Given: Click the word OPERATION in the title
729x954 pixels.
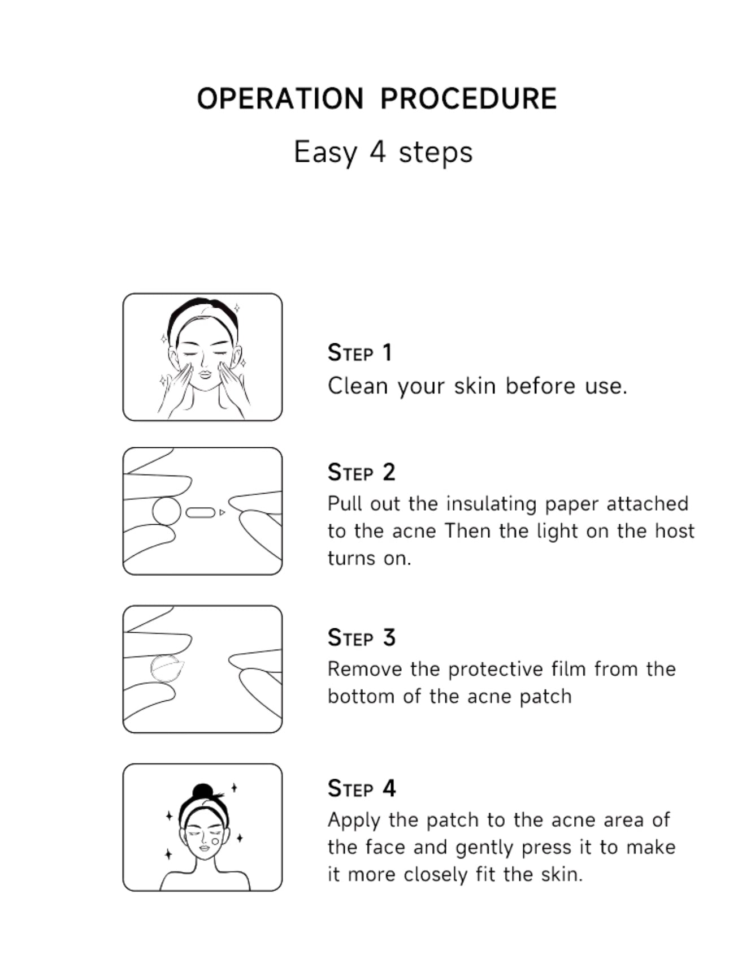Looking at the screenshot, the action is (x=280, y=98).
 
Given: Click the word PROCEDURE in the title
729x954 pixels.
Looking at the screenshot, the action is (x=468, y=98).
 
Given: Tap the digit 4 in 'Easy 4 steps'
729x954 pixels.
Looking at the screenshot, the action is (x=377, y=152).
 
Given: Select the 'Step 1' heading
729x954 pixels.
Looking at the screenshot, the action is (x=359, y=352).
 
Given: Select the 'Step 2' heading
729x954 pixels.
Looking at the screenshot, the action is (x=361, y=472).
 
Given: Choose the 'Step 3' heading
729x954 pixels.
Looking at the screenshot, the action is (x=361, y=637).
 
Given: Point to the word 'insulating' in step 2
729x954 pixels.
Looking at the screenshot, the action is (x=491, y=504).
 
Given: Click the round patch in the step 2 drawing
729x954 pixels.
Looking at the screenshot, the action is (x=167, y=511).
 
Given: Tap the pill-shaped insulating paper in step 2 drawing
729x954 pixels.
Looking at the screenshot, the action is (x=201, y=512).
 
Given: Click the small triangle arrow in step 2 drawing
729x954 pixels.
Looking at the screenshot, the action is (x=222, y=512).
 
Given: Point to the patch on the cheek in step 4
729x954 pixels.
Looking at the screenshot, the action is (x=215, y=841).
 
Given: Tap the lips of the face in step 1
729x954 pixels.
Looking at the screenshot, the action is (x=204, y=374).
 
